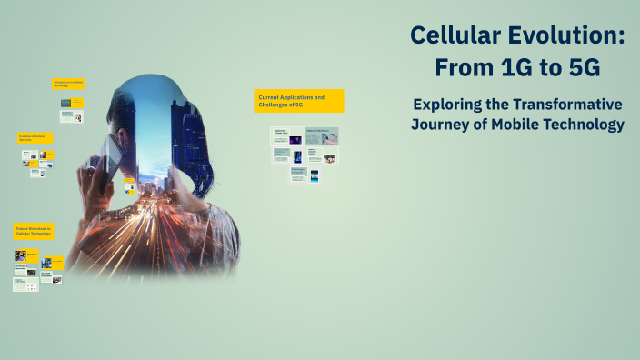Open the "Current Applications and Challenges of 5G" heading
(298, 101)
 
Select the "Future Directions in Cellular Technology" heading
(33, 232)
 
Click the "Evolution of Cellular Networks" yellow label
(35, 138)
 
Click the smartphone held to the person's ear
(108, 155)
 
